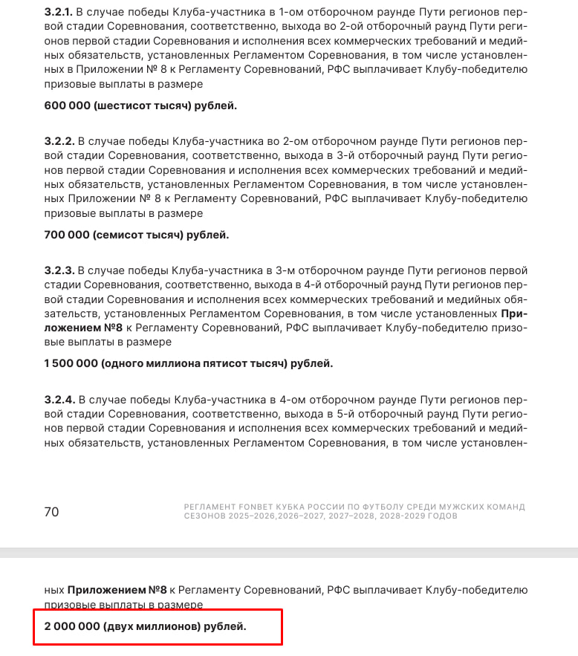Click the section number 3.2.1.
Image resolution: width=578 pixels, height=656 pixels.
click(59, 12)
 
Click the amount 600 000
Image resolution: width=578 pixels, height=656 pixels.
click(67, 105)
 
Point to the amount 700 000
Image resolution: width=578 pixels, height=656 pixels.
click(67, 235)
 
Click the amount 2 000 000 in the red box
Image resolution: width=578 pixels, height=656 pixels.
click(71, 627)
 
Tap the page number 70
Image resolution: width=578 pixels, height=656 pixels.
click(51, 512)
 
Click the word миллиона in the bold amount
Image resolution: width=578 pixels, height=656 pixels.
click(183, 364)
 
